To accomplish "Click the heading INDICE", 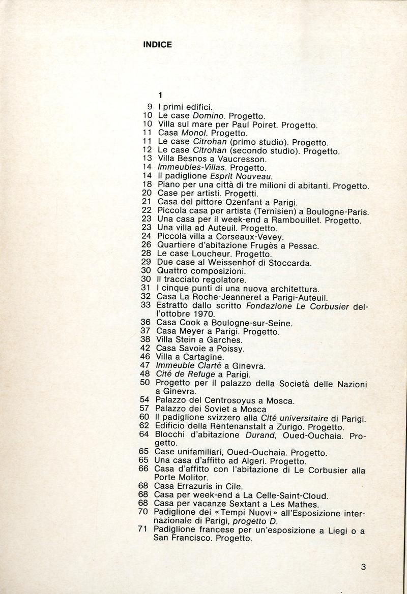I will (157, 45).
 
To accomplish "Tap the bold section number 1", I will (160, 95).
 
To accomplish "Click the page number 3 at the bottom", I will (363, 568).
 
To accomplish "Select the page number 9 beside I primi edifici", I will (151, 108).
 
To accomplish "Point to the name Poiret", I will (263, 124).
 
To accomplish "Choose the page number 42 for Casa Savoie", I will (147, 349).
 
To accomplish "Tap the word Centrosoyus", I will (220, 401).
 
